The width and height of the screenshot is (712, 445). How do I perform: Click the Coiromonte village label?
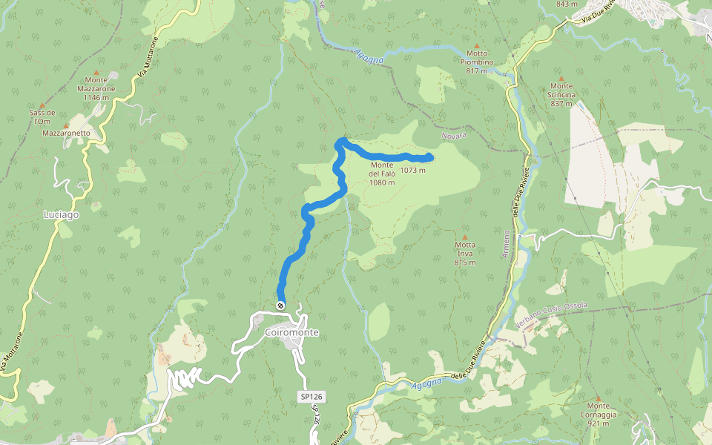[x=291, y=333]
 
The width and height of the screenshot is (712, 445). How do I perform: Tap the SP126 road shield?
[x=312, y=398]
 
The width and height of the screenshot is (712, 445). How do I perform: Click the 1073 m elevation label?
[x=412, y=170]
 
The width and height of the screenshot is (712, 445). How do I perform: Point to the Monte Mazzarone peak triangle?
[x=96, y=71]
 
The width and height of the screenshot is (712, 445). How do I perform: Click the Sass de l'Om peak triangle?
[x=42, y=105]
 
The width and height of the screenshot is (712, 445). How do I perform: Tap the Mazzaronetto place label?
[x=66, y=133]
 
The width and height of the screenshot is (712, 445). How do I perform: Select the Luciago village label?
[x=62, y=214]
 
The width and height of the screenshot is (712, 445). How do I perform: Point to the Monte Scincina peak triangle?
[x=561, y=78]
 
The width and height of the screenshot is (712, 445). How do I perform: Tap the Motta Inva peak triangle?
[x=465, y=237]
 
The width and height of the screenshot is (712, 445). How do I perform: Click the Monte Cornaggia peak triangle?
[x=598, y=398]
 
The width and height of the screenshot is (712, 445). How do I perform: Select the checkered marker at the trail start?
[x=280, y=306]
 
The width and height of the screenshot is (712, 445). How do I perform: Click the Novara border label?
[x=454, y=137]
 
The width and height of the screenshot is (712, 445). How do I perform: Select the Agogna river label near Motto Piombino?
[x=369, y=56]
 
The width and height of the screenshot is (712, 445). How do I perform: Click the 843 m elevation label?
[x=566, y=4]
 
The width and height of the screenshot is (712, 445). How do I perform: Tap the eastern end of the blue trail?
[x=430, y=156]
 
